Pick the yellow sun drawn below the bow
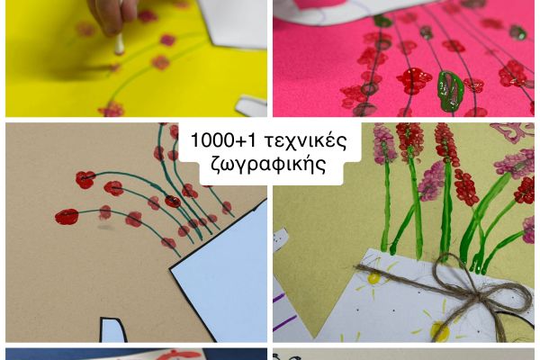[x=439, y=331]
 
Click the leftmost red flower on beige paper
[x=67, y=216]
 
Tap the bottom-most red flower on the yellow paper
[x=112, y=110]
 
